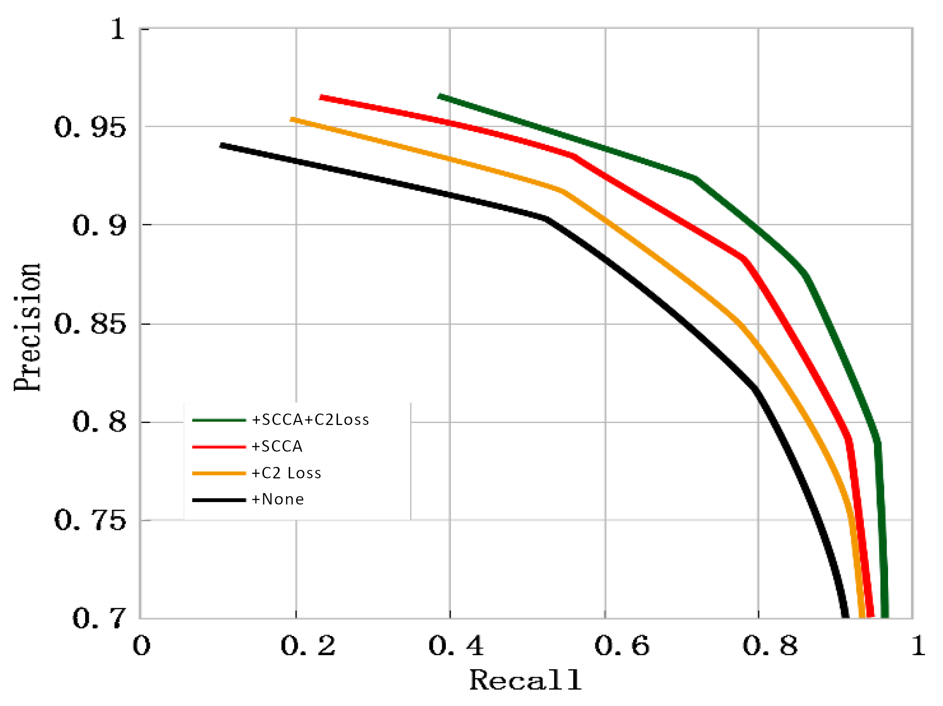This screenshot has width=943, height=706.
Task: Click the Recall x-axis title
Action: pos(525,681)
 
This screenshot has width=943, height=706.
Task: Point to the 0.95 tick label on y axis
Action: pos(90,127)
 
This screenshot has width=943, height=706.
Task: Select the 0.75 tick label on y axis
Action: pos(90,520)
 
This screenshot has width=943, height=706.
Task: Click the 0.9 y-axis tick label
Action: pos(99,226)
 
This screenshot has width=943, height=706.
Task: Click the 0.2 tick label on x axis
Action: pos(308,646)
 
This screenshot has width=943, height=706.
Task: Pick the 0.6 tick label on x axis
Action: pos(622,646)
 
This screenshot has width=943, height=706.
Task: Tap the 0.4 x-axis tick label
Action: pos(456,646)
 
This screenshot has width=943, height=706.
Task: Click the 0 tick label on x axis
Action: pos(142,646)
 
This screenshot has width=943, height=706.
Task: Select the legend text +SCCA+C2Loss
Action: pos(310,420)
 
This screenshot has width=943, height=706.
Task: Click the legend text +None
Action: pos(278,500)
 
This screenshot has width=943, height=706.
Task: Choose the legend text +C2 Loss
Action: pos(286,473)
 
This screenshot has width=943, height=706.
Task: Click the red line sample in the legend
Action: pos(219,447)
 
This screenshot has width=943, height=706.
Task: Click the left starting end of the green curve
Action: pos(439,96)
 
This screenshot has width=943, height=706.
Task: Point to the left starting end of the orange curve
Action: pos(292,119)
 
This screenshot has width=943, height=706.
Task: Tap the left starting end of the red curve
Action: pos(321,97)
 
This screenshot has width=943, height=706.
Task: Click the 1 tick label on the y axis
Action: pos(117,29)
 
